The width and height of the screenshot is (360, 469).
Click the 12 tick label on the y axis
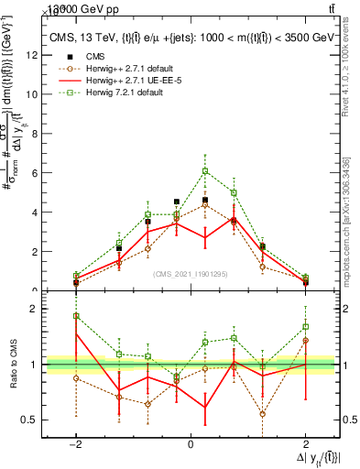point(33,55)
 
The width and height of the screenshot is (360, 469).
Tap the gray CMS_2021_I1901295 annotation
point(191,273)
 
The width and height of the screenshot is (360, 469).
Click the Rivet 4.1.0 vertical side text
point(345,69)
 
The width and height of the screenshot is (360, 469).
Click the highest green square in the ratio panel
point(76,316)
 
